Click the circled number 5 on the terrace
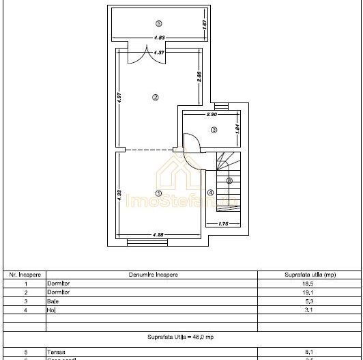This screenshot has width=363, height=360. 158,23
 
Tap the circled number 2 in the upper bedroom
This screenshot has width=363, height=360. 156,97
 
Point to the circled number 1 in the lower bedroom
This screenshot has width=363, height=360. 158,193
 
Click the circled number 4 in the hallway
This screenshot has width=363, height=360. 210,193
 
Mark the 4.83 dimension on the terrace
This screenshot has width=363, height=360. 158,38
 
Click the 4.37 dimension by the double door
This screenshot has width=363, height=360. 158,52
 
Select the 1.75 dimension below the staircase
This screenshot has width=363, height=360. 223,224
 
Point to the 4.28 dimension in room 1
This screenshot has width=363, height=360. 158,235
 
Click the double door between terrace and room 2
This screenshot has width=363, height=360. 148,55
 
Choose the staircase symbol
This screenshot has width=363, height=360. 229,181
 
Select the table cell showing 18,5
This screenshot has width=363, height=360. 309,283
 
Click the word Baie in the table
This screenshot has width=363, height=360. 53,301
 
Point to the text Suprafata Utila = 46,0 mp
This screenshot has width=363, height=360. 181,337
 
